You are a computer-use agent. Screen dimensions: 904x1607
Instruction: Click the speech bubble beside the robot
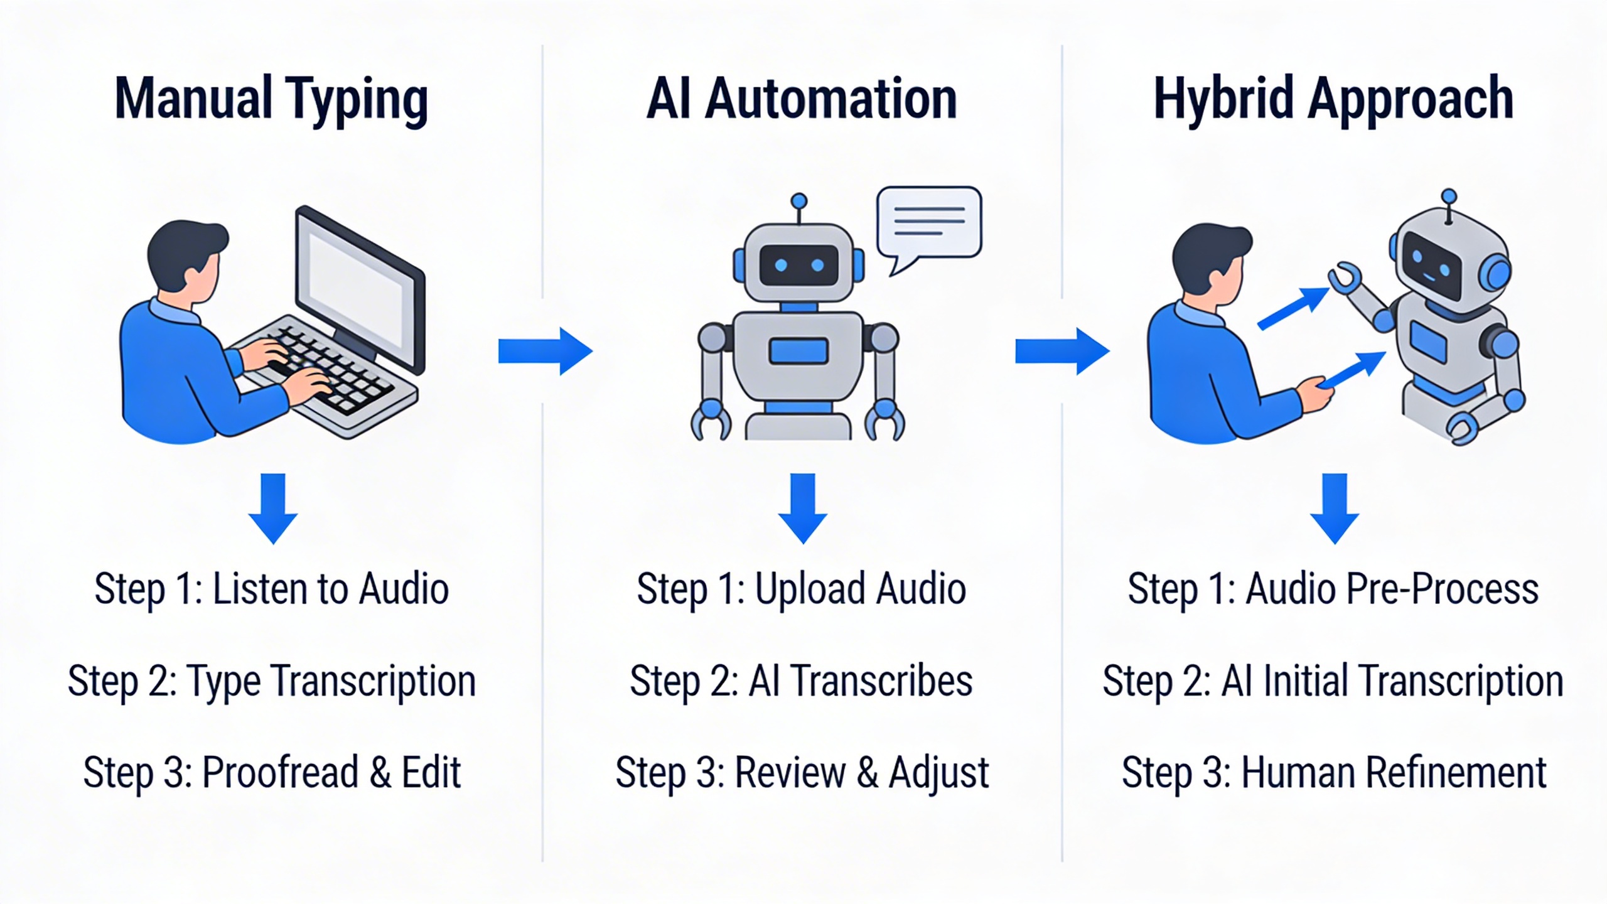coord(929,223)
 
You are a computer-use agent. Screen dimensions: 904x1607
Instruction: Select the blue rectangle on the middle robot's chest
coord(798,350)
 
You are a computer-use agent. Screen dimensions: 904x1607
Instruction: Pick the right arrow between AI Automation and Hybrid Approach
coord(1061,351)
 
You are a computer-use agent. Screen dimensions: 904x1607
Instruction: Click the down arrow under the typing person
coord(273,507)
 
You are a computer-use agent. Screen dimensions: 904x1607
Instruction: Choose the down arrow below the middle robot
coord(802,507)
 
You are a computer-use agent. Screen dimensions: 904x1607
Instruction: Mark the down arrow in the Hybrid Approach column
coord(1335,507)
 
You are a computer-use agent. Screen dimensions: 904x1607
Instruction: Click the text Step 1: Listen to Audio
coord(271,589)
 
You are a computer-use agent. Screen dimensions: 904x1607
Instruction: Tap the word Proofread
coord(279,772)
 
